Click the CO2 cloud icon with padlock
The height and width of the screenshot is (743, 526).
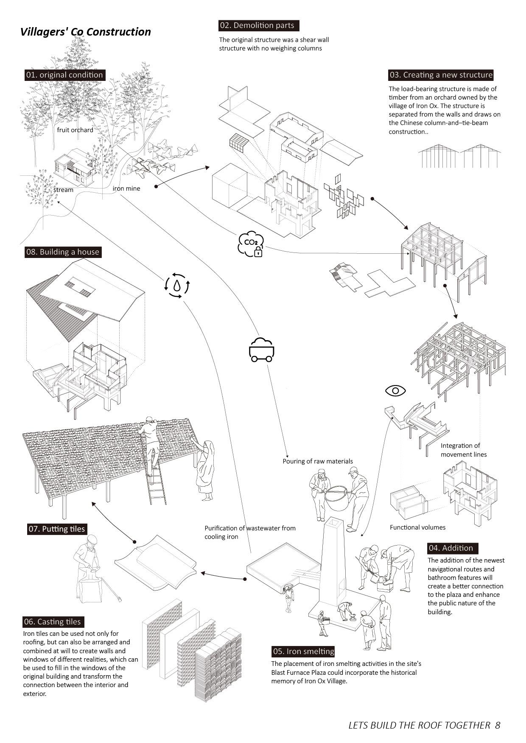tap(251, 244)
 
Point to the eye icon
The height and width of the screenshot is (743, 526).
tap(395, 390)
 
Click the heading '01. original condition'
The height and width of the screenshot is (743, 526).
tap(64, 75)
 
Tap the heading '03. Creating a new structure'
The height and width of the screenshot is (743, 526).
tap(441, 75)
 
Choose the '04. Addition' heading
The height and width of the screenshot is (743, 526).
tap(451, 548)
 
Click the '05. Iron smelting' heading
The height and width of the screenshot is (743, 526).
tap(304, 652)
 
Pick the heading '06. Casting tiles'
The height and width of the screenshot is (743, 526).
tap(53, 622)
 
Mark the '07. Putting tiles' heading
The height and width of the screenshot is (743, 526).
tap(56, 529)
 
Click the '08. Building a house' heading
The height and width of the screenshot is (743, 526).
tap(63, 252)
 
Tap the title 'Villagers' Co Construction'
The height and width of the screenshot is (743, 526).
tap(86, 32)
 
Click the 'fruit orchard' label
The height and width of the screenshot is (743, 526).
tap(75, 130)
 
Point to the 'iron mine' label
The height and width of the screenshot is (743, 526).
tap(126, 189)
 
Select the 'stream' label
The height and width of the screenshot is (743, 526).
tap(63, 190)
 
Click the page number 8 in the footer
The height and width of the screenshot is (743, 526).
tap(498, 725)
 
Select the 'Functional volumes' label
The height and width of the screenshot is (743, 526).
tap(418, 527)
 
